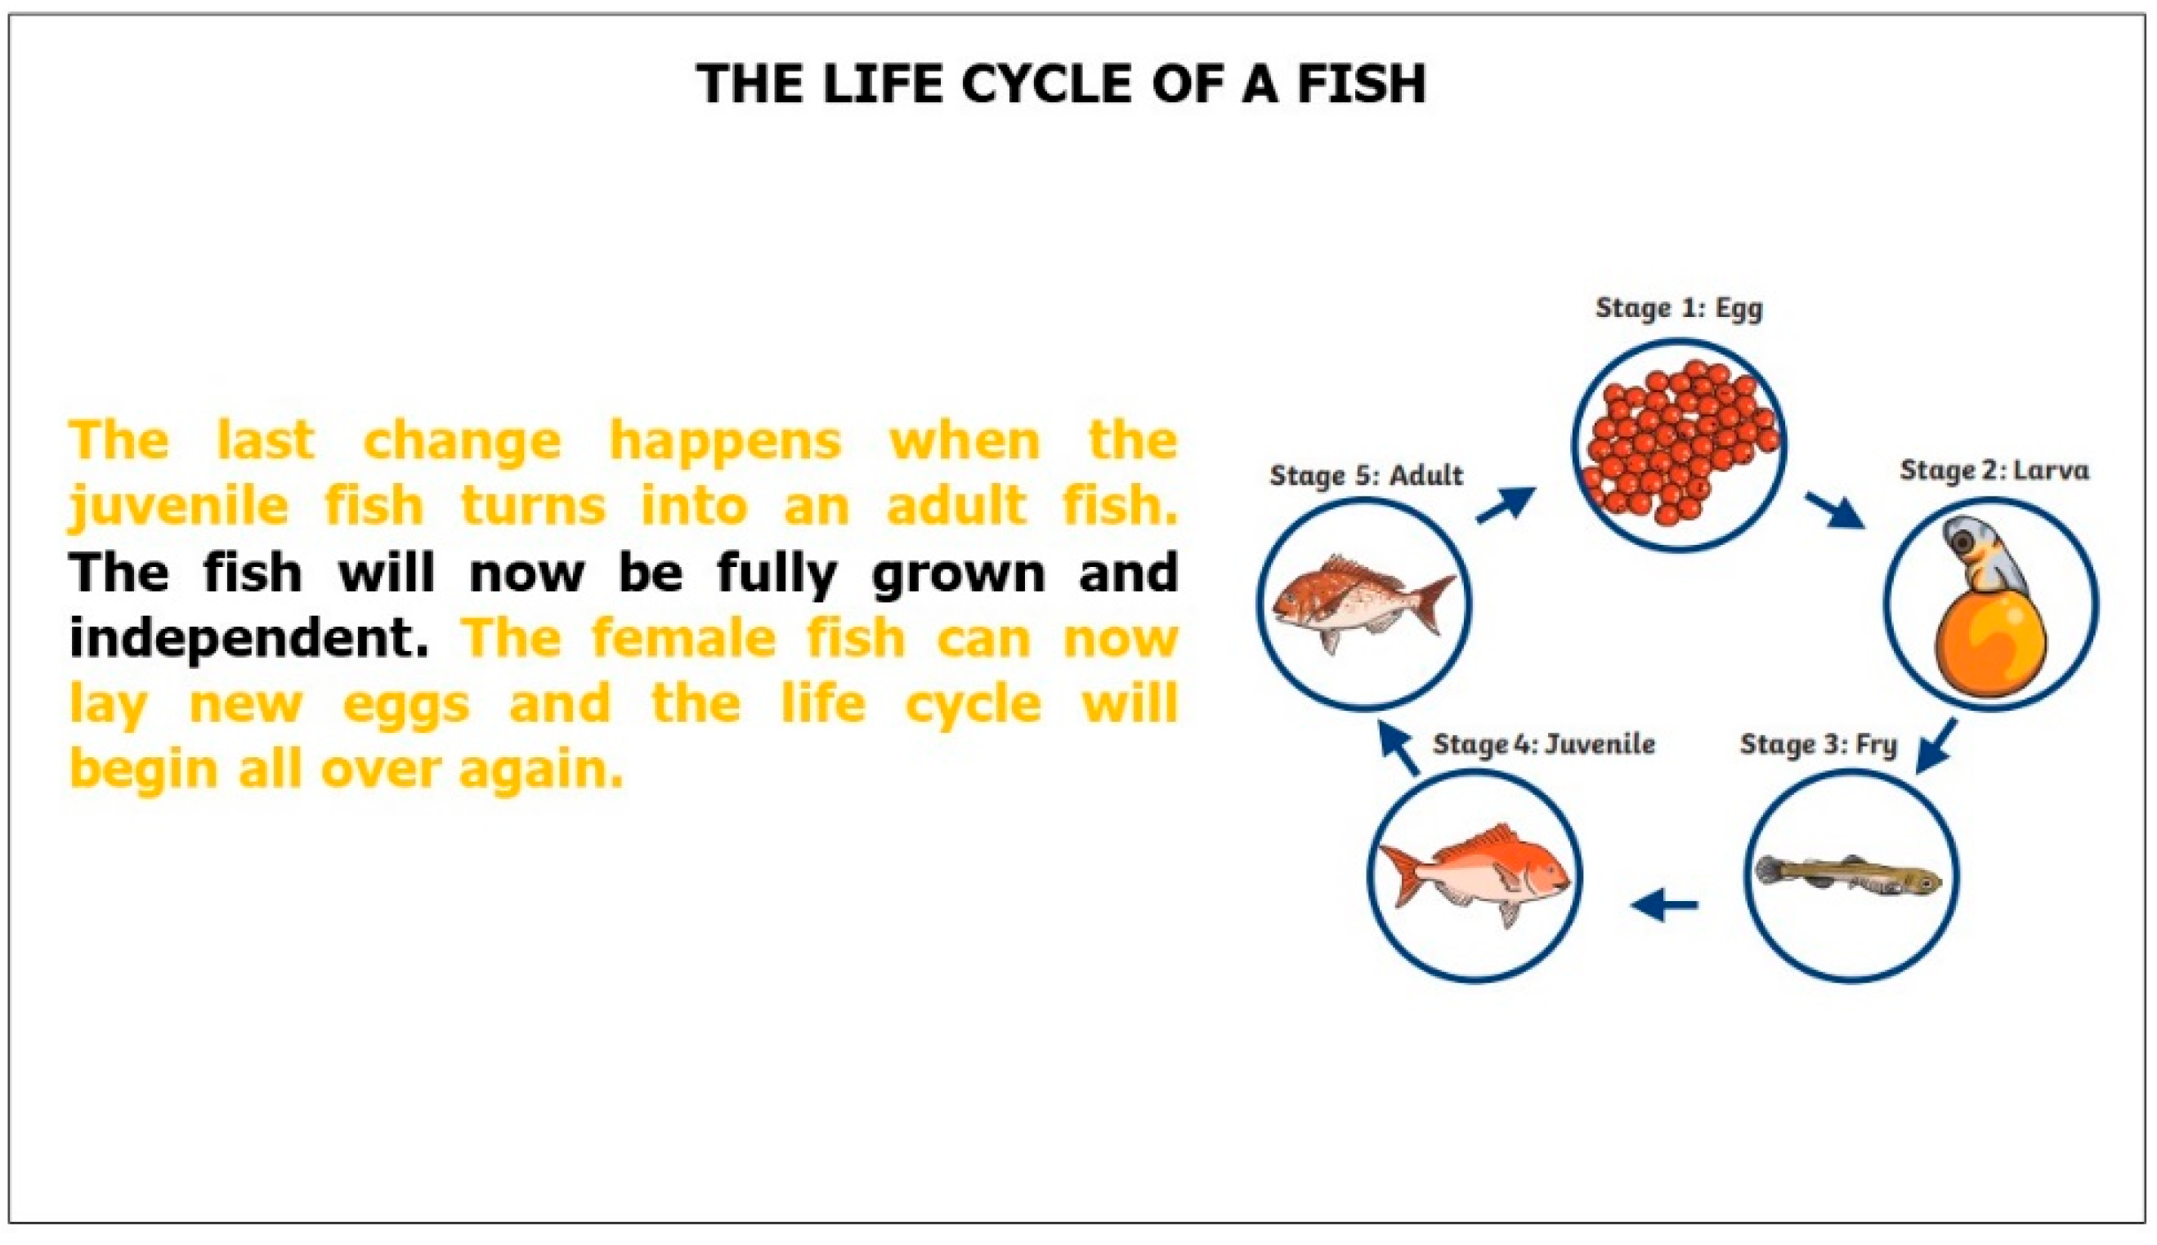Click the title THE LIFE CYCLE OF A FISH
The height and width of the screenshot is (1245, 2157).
[1062, 84]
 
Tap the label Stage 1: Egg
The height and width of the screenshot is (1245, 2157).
[1679, 308]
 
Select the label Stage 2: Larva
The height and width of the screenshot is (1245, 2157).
[1994, 471]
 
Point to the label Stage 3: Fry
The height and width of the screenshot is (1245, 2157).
[1819, 745]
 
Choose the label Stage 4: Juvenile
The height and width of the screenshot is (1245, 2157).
[1544, 744]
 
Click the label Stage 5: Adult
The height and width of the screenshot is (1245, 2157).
[1366, 475]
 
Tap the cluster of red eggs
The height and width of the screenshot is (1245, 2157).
[1679, 444]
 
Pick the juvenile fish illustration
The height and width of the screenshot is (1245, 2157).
[1475, 874]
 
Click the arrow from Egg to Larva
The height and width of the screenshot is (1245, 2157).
[1835, 511]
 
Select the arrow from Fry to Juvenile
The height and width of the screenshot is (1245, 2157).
[1664, 904]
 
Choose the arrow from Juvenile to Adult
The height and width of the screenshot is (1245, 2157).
[1400, 748]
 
